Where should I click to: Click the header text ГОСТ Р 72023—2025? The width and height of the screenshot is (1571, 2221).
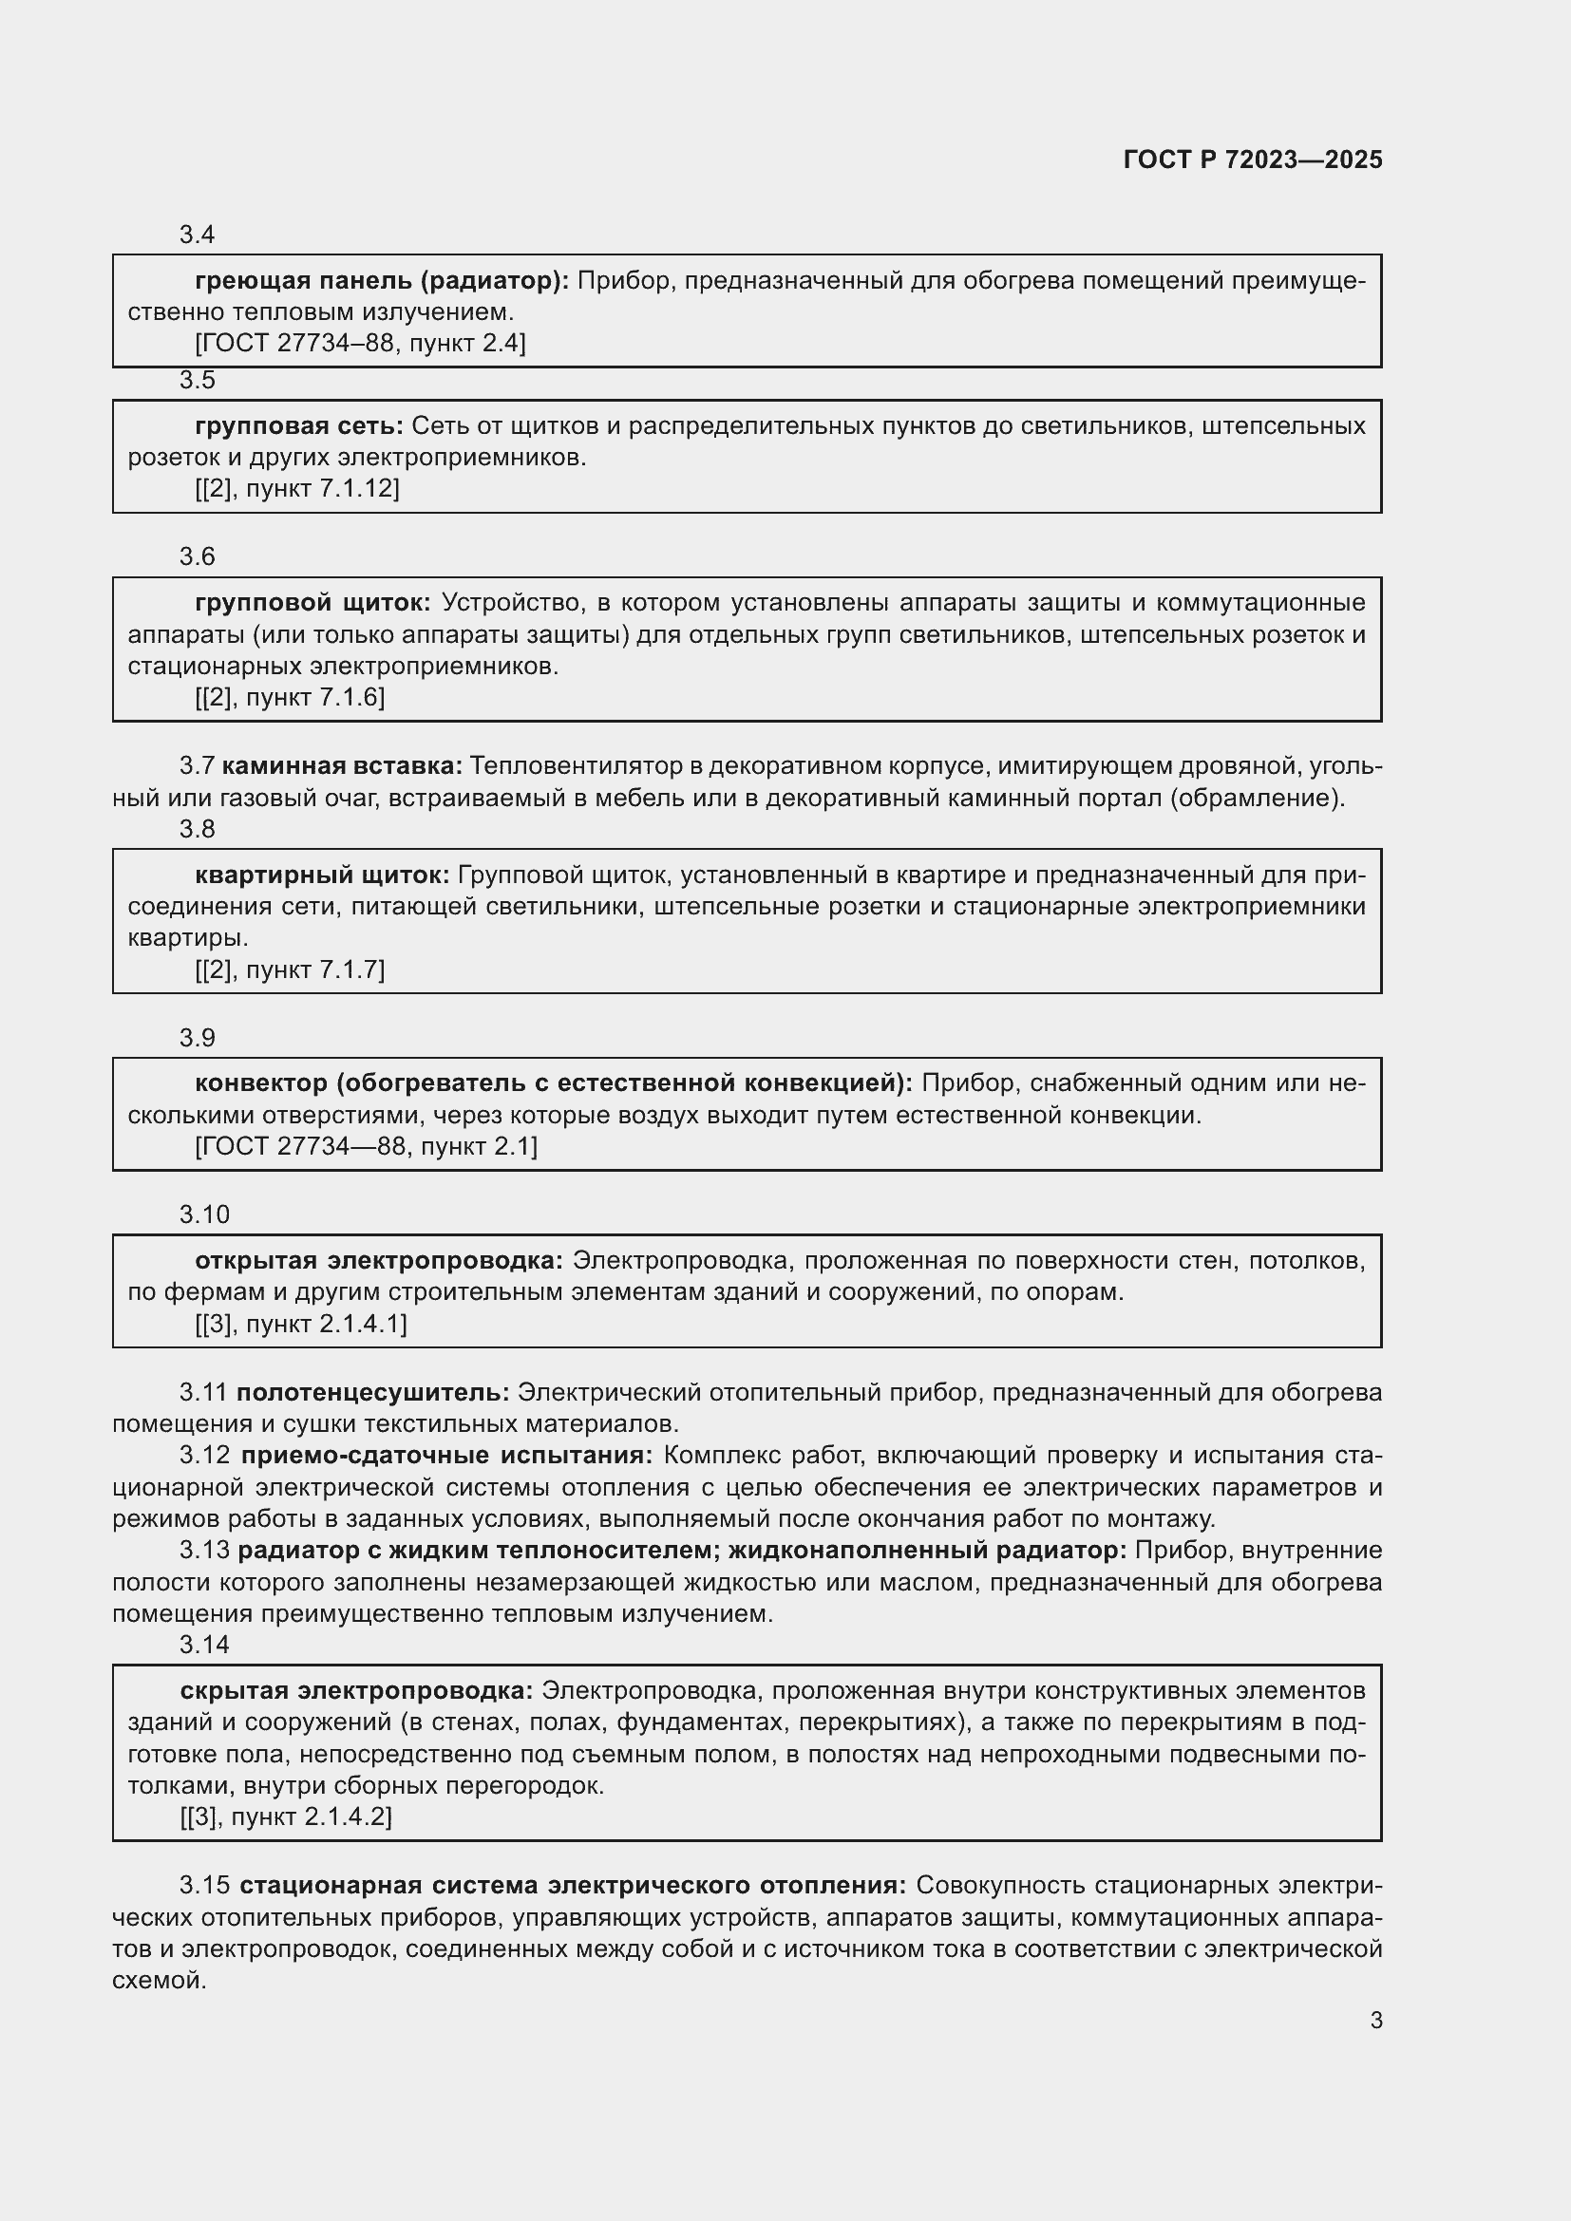pyautogui.click(x=1253, y=160)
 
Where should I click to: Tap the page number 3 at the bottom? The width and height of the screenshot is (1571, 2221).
pyautogui.click(x=1375, y=2021)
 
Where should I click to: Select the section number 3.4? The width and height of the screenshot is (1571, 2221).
pyautogui.click(x=197, y=235)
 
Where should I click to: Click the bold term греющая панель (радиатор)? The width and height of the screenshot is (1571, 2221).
pyautogui.click(x=382, y=280)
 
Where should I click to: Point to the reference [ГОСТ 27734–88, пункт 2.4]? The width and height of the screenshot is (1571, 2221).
pyautogui.click(x=360, y=343)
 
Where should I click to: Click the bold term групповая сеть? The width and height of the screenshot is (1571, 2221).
pyautogui.click(x=299, y=425)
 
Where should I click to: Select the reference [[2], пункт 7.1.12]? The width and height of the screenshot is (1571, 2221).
pyautogui.click(x=297, y=487)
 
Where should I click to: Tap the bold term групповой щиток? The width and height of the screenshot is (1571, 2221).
pyautogui.click(x=312, y=603)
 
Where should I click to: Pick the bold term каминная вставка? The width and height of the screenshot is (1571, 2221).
pyautogui.click(x=343, y=766)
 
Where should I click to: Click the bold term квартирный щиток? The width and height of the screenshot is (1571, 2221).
pyautogui.click(x=322, y=875)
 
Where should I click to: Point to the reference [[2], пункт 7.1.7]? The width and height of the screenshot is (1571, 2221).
pyautogui.click(x=290, y=969)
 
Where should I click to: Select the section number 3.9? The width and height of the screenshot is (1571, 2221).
pyautogui.click(x=197, y=1038)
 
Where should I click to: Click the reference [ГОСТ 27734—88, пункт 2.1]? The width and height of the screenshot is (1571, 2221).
pyautogui.click(x=366, y=1146)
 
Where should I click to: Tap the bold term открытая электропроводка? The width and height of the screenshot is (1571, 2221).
pyautogui.click(x=378, y=1260)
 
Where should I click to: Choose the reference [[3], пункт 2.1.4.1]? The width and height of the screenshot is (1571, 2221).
pyautogui.click(x=301, y=1324)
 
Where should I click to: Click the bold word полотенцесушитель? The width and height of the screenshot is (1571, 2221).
pyautogui.click(x=372, y=1392)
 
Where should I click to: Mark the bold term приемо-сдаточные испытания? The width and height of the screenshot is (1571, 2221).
pyautogui.click(x=447, y=1455)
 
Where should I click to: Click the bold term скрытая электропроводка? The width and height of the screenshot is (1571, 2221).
pyautogui.click(x=356, y=1690)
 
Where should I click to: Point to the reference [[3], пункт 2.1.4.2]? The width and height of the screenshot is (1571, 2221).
pyautogui.click(x=285, y=1816)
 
